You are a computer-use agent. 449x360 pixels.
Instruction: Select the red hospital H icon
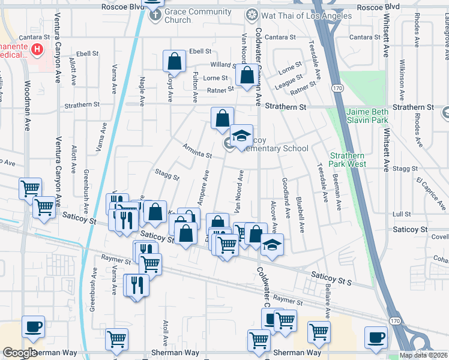click(37, 49)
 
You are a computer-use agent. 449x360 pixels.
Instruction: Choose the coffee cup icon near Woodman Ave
click(34, 327)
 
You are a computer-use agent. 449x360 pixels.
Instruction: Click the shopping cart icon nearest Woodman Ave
click(30, 189)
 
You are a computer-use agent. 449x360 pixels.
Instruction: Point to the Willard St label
click(221, 65)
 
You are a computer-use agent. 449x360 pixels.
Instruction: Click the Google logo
click(20, 353)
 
